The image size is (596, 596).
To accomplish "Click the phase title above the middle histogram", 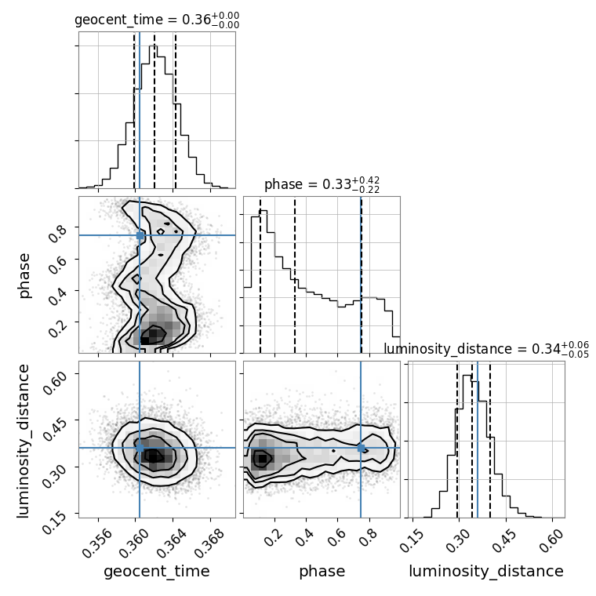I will pos(322,185).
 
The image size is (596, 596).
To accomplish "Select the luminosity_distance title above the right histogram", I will pos(486,349).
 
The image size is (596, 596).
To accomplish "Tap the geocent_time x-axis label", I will pos(157,572).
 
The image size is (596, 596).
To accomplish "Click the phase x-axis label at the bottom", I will pos(322,572).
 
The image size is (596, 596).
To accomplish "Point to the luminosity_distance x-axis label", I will pos(486,572).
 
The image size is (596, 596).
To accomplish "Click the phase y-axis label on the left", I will pos(24,274).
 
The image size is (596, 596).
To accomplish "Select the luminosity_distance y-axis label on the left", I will pos(24,439).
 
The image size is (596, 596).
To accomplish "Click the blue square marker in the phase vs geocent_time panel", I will pos(140,235).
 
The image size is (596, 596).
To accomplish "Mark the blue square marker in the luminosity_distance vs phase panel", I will pos(361,448).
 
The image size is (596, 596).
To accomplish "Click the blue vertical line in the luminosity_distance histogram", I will pos(478,439).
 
